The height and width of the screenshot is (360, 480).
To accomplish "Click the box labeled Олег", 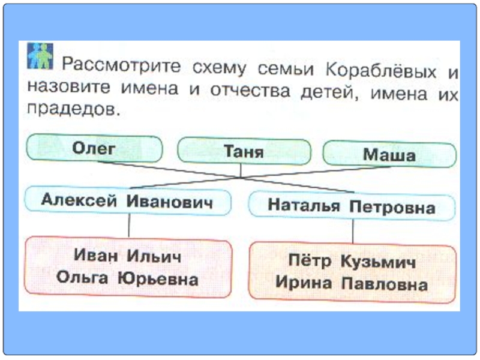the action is point(94,149).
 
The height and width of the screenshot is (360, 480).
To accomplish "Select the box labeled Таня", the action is point(244,152).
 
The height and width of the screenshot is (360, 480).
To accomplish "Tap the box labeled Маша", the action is point(389,155).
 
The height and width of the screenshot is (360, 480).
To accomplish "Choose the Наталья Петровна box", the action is point(352,206).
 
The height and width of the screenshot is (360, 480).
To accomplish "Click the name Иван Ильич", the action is point(127,256).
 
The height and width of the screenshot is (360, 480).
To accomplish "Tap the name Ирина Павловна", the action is point(352,283).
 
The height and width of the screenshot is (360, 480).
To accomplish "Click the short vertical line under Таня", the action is point(241,170).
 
